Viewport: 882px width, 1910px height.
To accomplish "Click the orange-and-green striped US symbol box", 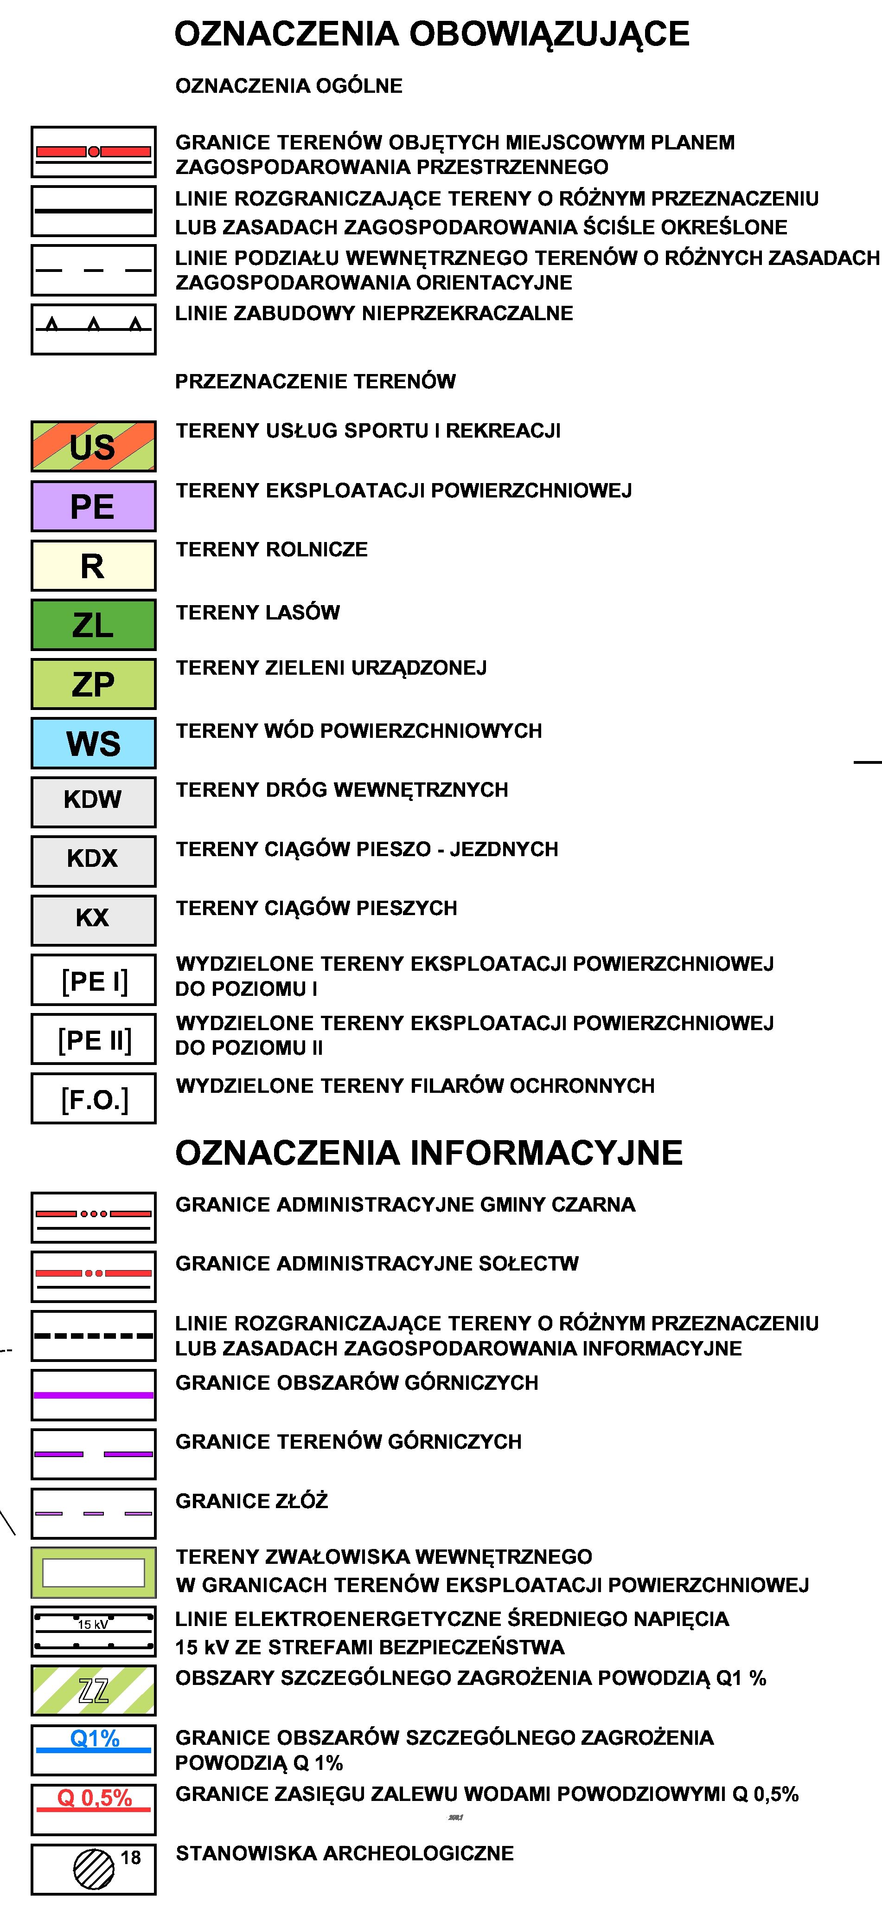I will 93,446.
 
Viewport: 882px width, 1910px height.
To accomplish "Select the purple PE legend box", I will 93,506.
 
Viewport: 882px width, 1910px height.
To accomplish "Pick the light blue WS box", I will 93,743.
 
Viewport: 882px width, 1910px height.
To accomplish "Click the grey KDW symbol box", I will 93,801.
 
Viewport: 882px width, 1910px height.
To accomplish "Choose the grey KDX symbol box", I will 93,861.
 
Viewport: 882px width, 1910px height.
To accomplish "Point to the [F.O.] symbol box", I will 93,1098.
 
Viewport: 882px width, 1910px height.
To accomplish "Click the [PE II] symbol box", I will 93,1039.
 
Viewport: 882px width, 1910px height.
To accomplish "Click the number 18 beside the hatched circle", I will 130,1858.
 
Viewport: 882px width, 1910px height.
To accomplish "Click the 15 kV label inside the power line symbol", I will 93,1625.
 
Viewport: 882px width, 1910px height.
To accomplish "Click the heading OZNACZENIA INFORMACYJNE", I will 428,1153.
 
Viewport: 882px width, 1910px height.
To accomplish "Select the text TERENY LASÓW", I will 257,613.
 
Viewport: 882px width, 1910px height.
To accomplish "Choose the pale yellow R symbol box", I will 93,566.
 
